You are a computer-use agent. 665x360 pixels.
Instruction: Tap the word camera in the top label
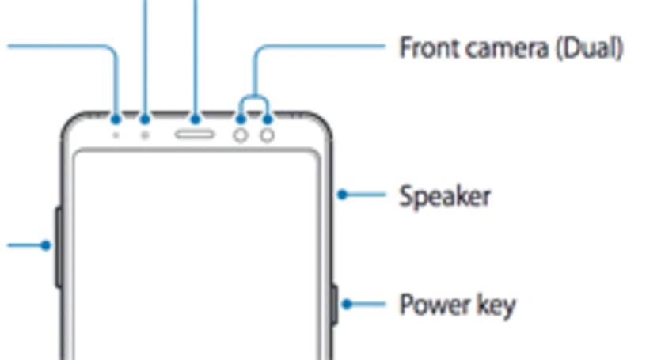click(x=507, y=48)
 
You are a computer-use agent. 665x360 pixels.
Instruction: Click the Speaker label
click(x=445, y=196)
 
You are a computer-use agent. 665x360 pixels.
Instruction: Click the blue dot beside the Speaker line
click(x=342, y=195)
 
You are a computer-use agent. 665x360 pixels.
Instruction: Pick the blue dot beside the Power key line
click(x=347, y=304)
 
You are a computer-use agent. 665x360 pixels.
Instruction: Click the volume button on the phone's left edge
click(x=59, y=247)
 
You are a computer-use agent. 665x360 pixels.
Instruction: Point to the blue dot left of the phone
click(x=46, y=245)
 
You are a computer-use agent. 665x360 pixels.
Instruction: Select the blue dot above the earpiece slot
click(x=195, y=119)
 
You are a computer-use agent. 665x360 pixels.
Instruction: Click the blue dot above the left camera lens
click(x=241, y=119)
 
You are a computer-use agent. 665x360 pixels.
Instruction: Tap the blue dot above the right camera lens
click(x=268, y=119)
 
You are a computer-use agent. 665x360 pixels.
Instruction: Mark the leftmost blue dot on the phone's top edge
click(x=116, y=119)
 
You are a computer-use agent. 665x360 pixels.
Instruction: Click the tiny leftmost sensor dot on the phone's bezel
click(x=116, y=135)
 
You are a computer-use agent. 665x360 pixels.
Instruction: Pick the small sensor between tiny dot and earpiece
click(x=145, y=135)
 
